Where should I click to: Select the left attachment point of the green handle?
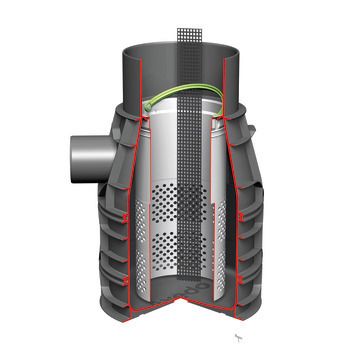[x=146, y=108]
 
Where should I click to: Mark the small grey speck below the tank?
[x=237, y=338]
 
